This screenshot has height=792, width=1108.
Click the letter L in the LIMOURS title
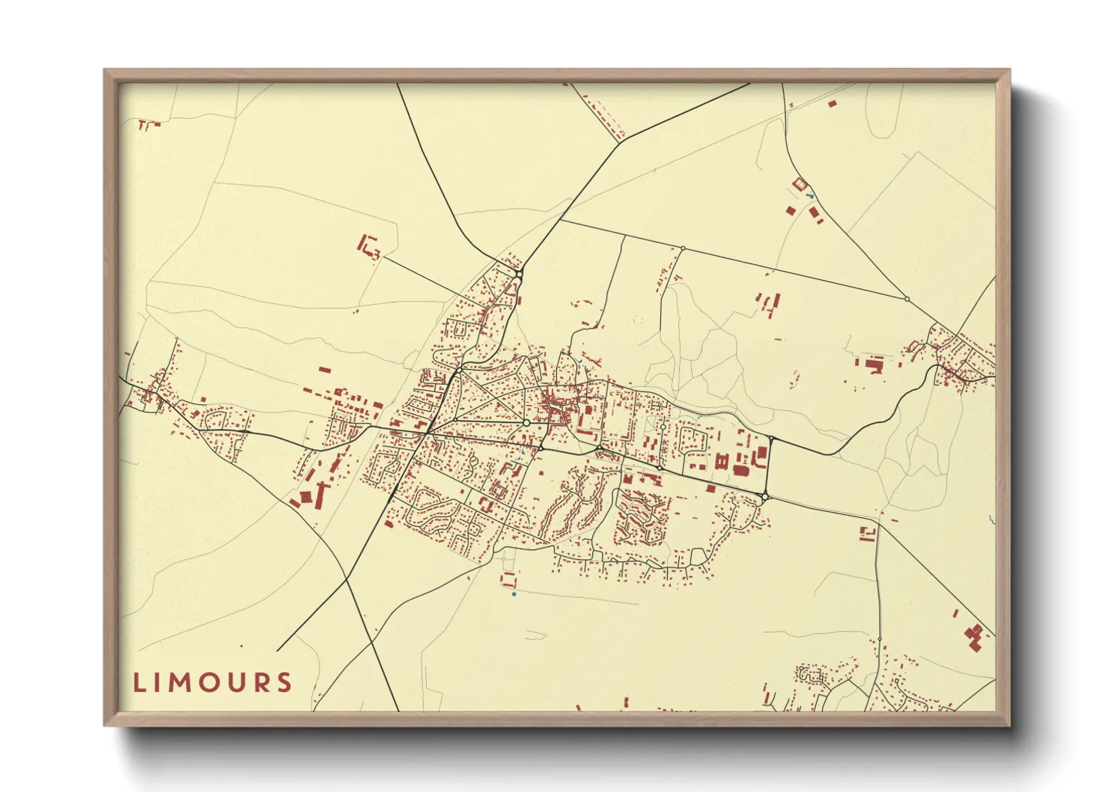click(x=138, y=683)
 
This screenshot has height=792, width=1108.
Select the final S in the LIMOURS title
click(x=284, y=683)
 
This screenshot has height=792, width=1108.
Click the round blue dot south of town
click(x=514, y=594)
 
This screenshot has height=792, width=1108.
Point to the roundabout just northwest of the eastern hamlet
click(x=907, y=299)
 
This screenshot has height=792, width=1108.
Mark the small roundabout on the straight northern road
click(x=683, y=248)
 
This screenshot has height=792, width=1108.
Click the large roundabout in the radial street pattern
click(x=526, y=423)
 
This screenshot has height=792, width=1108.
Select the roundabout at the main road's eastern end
click(x=764, y=496)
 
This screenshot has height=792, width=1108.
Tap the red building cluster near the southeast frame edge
click(x=974, y=636)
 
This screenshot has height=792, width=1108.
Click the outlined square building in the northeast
click(x=799, y=183)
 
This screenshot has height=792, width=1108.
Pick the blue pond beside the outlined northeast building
click(x=810, y=196)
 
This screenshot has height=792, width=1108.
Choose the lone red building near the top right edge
click(x=832, y=103)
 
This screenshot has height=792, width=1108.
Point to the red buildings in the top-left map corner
click(x=148, y=124)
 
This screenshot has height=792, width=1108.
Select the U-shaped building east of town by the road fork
click(x=868, y=534)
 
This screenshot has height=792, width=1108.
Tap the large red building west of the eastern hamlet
click(x=874, y=365)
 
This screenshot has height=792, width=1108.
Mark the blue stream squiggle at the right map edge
click(x=991, y=519)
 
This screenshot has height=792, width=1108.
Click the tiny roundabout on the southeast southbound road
click(x=879, y=639)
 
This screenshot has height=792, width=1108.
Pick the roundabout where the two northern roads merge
click(x=518, y=275)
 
